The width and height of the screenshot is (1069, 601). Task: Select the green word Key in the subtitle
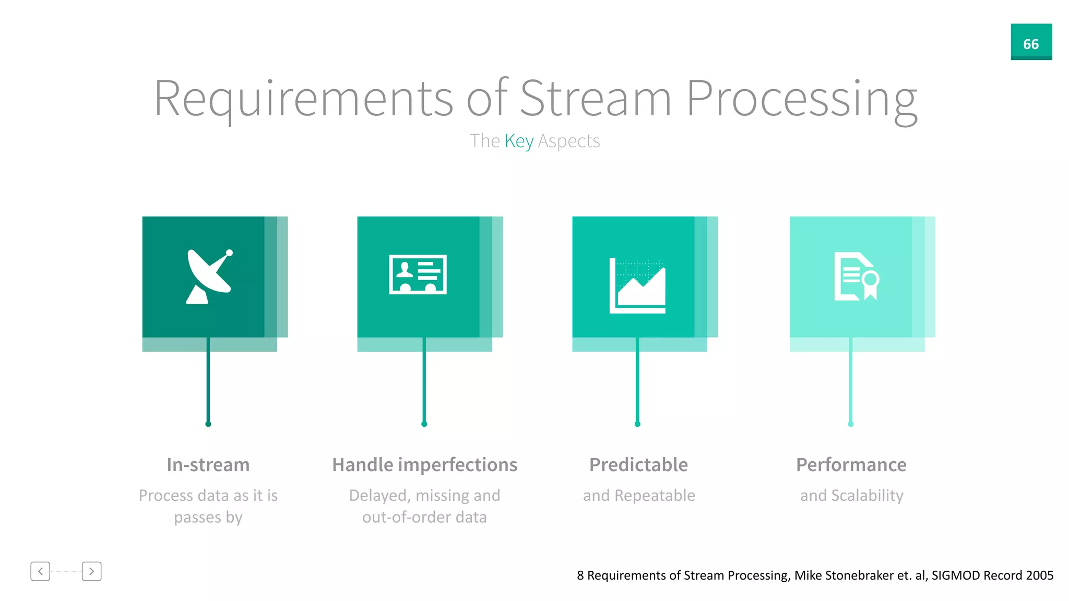coord(519,141)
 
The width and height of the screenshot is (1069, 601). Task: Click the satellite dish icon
coord(209,277)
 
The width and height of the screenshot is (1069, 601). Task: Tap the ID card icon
coord(418,274)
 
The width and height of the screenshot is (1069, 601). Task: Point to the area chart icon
coord(637,286)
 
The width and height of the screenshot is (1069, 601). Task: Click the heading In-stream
coord(208,464)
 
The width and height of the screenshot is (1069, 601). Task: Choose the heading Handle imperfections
coord(424,464)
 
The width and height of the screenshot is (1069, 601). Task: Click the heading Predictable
coord(638,464)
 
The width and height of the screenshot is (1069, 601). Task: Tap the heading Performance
coord(851,464)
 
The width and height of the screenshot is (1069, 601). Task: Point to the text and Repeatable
coord(639,495)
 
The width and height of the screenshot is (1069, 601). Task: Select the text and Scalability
coord(851,495)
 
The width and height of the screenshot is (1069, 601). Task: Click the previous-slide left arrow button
coord(40,571)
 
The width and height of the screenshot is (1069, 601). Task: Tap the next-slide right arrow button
coord(91,571)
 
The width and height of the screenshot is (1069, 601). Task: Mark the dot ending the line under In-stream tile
coord(208,424)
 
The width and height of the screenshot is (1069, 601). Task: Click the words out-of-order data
coord(424,517)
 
